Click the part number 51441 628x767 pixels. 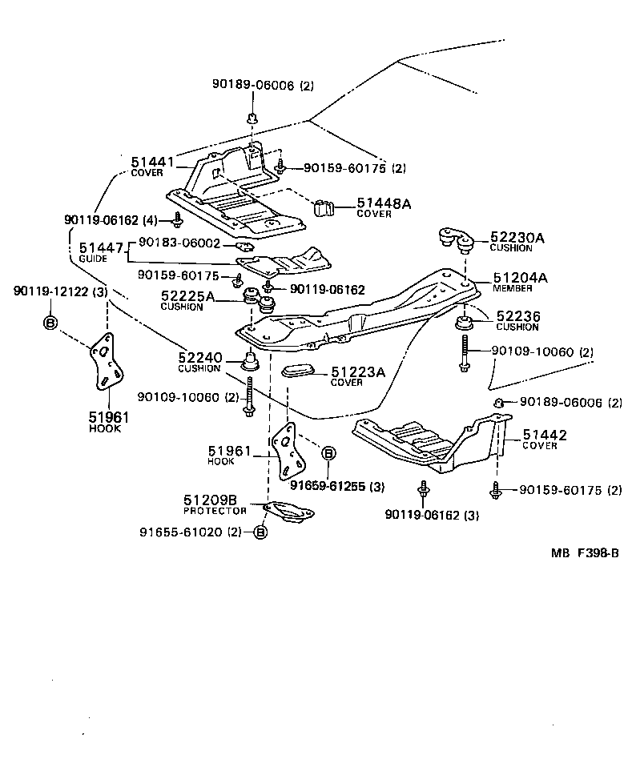[x=152, y=162]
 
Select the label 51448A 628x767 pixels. [x=384, y=204]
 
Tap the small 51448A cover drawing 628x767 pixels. [x=324, y=207]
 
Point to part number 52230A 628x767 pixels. [x=517, y=237]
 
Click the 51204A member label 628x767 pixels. [x=520, y=278]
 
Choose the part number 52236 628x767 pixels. [x=518, y=317]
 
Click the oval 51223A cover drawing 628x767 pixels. [x=301, y=372]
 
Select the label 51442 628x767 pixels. [x=545, y=435]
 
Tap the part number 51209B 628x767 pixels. [x=211, y=500]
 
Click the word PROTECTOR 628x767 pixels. [x=215, y=511]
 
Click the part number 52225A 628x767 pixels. [x=187, y=296]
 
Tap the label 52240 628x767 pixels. [x=199, y=359]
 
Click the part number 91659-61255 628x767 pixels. [x=326, y=486]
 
